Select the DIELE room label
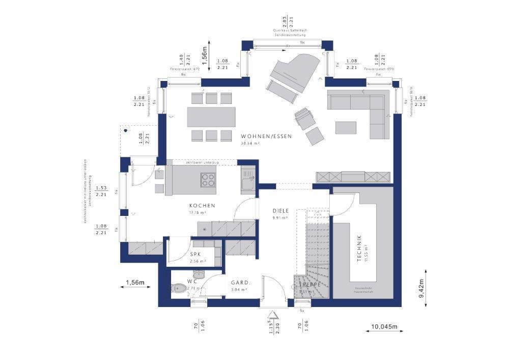click(x=280, y=210)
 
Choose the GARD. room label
click(x=239, y=283)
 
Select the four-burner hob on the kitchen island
click(x=209, y=181)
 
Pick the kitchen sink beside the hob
click(x=248, y=182)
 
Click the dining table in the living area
click(x=211, y=117)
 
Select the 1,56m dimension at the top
click(x=204, y=54)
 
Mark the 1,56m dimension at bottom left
click(x=135, y=283)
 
